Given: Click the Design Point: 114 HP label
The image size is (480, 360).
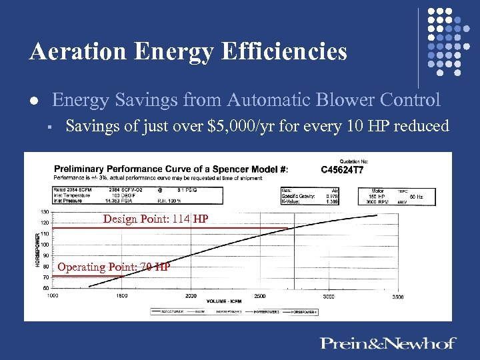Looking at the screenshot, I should pyautogui.click(x=155, y=219).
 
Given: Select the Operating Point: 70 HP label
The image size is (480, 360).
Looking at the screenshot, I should pyautogui.click(x=113, y=267).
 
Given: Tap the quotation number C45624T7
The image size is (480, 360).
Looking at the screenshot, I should pyautogui.click(x=342, y=169).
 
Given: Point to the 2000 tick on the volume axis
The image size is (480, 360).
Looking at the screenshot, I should pyautogui.click(x=191, y=295).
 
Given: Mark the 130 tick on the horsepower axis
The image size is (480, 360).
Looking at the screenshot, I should pyautogui.click(x=44, y=213).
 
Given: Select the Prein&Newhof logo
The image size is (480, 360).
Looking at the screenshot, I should pyautogui.click(x=388, y=343).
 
